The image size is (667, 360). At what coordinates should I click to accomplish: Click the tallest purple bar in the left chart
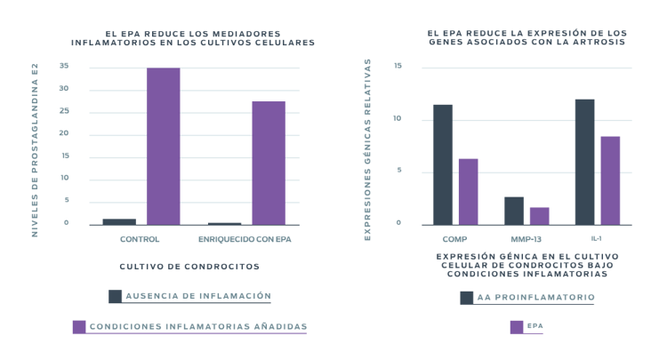pos(163,146)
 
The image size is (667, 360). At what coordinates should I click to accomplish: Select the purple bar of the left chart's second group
pos(269,162)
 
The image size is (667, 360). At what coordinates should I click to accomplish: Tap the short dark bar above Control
pos(119,220)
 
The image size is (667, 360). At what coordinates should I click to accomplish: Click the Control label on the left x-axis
pos(140,239)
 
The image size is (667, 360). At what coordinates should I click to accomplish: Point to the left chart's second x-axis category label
pos(245,239)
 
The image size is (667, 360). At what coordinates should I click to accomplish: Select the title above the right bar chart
pos(526,36)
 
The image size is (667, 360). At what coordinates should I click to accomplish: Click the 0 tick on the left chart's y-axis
pos(65,222)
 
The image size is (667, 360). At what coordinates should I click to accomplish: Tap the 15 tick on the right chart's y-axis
pos(397,66)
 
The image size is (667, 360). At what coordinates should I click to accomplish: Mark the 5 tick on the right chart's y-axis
pos(398,171)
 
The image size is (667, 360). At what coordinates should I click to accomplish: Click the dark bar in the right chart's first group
pos(443,164)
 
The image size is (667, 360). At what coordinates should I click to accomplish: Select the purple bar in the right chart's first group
pos(468,190)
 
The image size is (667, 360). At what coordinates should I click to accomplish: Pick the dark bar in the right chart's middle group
pos(514,210)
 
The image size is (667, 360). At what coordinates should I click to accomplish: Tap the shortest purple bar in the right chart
pos(539,214)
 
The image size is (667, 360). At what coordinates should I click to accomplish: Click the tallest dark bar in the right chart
pos(585,160)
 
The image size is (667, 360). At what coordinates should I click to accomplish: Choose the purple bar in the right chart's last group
pos(610,179)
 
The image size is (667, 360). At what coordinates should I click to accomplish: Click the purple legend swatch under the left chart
pos(79,326)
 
